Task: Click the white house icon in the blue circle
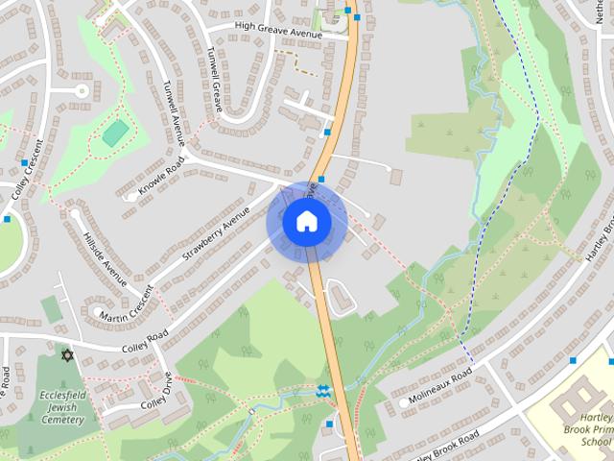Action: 306,222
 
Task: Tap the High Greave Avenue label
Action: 265,32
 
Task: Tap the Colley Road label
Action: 145,337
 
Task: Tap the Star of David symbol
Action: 66,356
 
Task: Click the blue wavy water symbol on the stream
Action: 323,390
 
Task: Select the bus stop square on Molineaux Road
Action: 573,360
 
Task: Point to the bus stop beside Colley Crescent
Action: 8,219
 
